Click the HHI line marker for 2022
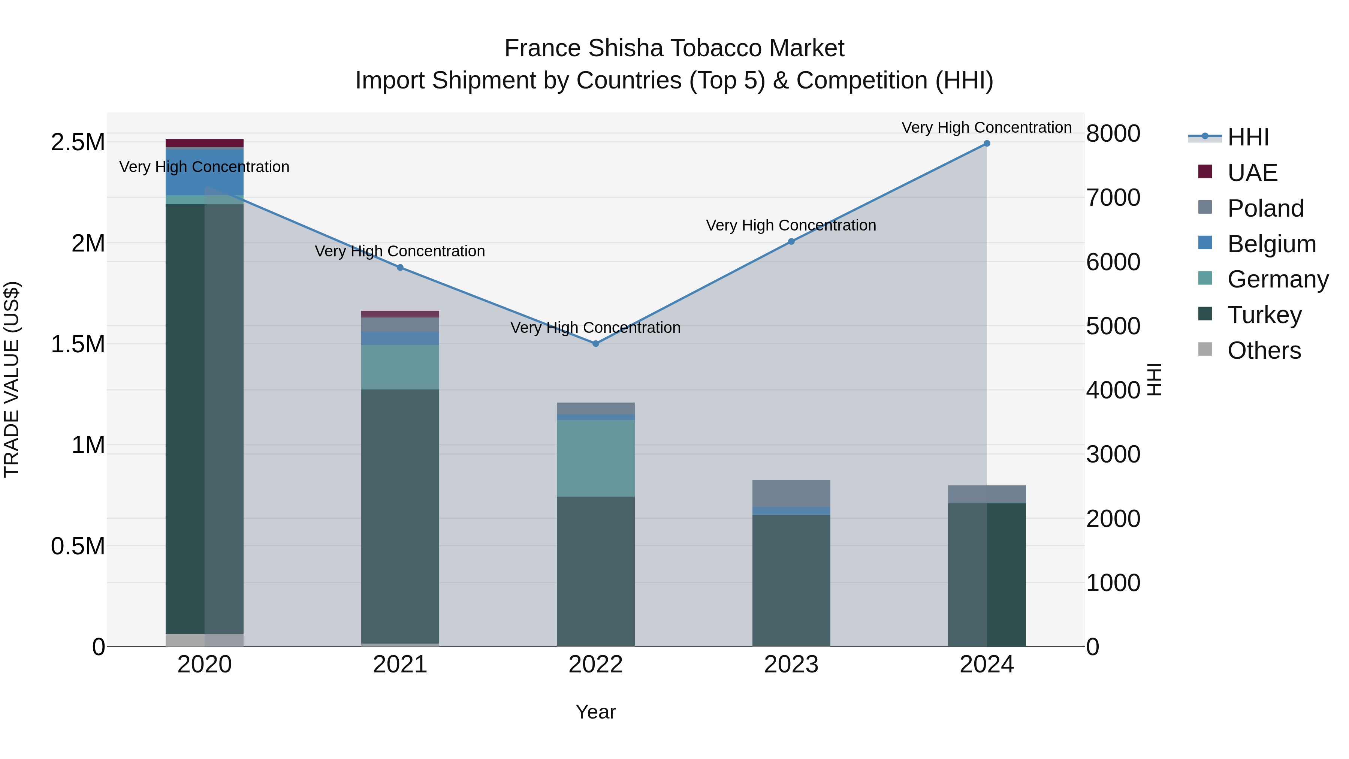tap(595, 344)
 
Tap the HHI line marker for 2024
tap(987, 144)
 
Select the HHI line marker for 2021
tap(400, 268)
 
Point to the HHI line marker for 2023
tap(791, 241)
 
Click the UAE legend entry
tap(1252, 173)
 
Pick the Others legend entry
tap(1263, 350)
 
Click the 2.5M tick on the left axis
tap(78, 142)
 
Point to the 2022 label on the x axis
tap(595, 665)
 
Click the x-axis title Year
tap(595, 712)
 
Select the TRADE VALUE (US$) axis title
tap(12, 379)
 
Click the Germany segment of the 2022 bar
tap(595, 458)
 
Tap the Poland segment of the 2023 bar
tap(791, 493)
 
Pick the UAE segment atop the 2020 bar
tap(204, 143)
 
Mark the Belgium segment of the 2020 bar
tap(204, 172)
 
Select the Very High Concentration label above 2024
tap(986, 127)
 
